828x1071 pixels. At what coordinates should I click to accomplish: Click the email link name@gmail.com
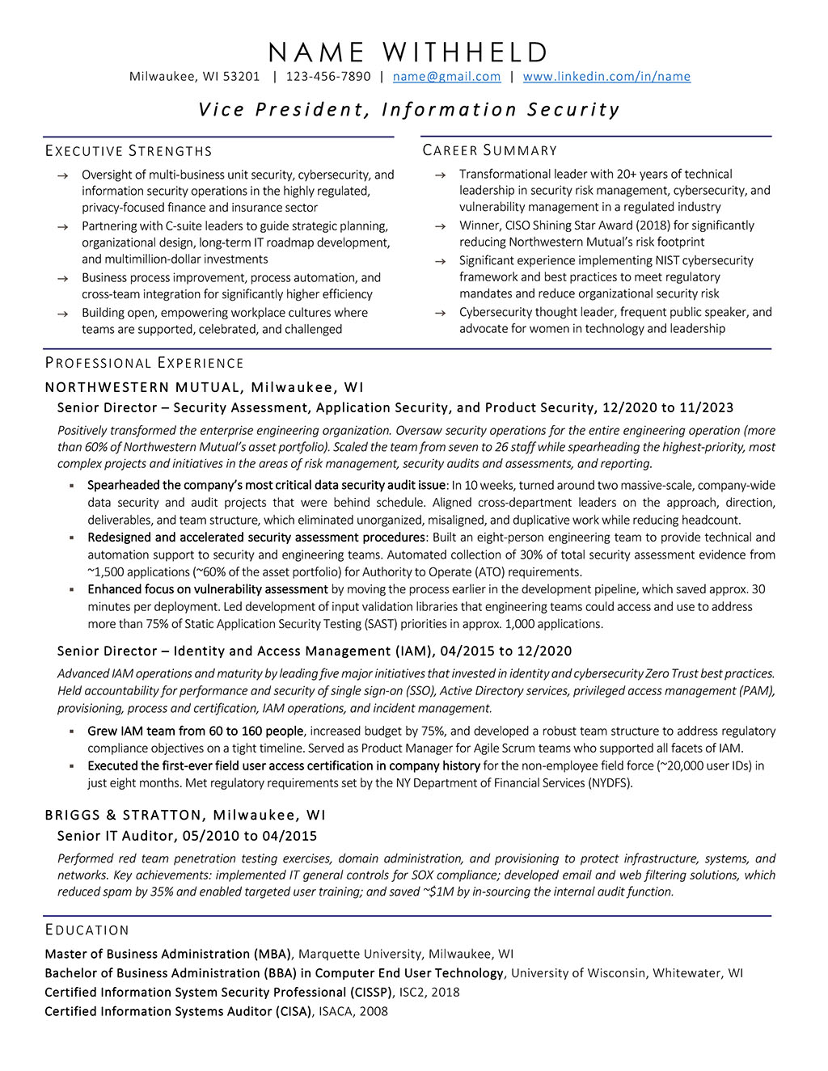[446, 77]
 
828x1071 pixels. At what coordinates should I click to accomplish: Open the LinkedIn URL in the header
[606, 77]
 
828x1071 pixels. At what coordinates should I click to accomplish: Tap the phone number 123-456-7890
[328, 77]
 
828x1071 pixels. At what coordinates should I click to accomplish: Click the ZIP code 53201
[242, 77]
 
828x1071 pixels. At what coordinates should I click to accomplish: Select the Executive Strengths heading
[129, 151]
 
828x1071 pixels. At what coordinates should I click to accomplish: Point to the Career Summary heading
[490, 150]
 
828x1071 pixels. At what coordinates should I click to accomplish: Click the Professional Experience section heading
[144, 363]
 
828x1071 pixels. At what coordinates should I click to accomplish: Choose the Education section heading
[87, 930]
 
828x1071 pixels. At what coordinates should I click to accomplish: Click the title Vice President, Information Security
[409, 110]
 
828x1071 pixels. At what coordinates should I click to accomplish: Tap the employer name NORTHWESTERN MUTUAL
[143, 387]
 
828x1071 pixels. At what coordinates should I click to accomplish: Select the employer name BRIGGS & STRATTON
[122, 815]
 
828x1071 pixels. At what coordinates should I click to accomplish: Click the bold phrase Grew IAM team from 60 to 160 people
[196, 731]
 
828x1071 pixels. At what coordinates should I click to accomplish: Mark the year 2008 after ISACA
[374, 1011]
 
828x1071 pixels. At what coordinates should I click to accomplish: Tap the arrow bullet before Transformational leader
[440, 175]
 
